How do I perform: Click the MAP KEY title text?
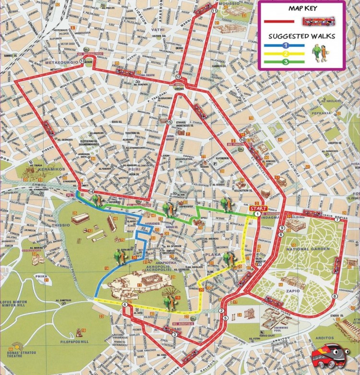pos(301,9)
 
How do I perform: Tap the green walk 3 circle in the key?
pos(285,61)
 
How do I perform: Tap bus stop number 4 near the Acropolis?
pos(124,305)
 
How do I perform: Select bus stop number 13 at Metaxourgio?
pos(83,61)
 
